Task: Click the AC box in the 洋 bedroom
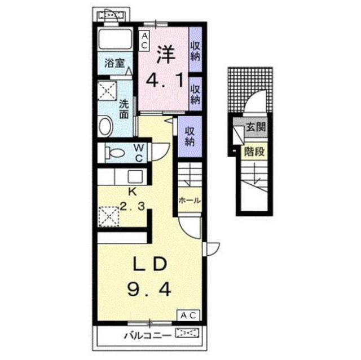(144, 41)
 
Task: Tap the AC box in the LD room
(188, 315)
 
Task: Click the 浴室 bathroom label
(115, 63)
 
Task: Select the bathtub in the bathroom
(115, 39)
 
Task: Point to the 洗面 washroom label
(124, 109)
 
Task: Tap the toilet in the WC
(115, 153)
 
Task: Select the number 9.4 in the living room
(149, 289)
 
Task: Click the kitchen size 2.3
(133, 206)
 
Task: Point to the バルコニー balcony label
(148, 336)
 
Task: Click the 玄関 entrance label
(256, 127)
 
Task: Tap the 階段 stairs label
(254, 151)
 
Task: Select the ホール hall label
(190, 201)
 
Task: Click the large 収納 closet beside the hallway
(190, 136)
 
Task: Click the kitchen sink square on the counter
(135, 177)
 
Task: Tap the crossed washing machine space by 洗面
(107, 91)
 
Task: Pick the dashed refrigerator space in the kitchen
(108, 217)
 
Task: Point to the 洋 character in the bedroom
(166, 55)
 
